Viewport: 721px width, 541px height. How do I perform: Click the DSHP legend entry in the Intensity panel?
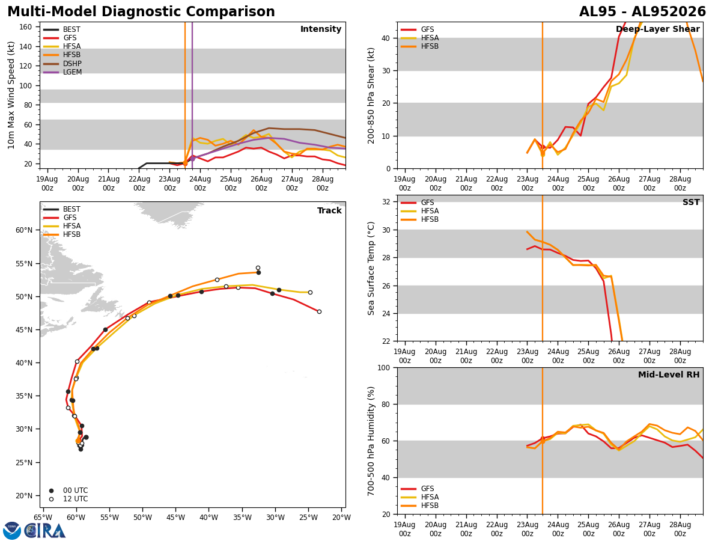click(62, 63)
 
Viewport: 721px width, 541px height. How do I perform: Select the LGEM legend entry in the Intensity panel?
click(62, 72)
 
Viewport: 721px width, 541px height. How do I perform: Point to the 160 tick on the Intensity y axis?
click(25, 27)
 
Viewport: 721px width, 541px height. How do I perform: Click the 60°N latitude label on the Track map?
click(24, 230)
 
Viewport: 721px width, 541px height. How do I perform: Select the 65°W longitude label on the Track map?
click(43, 518)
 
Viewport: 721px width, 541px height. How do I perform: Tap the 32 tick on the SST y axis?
click(386, 202)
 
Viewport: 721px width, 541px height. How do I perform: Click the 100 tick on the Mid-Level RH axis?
click(384, 368)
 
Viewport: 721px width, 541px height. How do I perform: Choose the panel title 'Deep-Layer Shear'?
click(657, 29)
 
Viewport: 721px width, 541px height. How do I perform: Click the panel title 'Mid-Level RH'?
click(669, 374)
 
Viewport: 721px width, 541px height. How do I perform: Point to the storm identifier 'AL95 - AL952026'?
click(642, 12)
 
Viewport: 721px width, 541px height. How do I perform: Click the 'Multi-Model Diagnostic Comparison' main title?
click(141, 12)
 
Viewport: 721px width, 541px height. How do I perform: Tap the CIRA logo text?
click(45, 531)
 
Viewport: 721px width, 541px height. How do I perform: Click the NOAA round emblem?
click(12, 531)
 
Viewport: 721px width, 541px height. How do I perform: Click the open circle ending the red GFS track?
click(319, 312)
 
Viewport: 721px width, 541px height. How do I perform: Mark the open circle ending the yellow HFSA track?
click(311, 293)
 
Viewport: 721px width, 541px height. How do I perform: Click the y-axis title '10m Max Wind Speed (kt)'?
click(11, 95)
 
